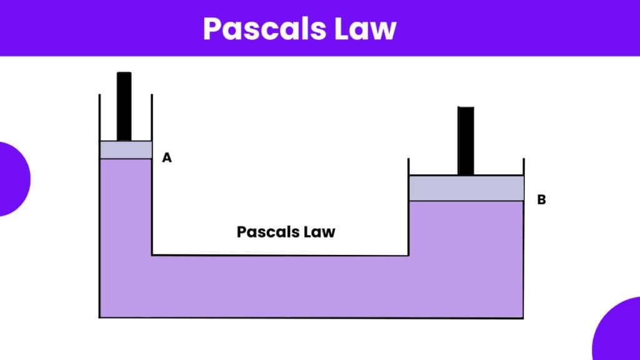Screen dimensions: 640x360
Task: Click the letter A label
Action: pyautogui.click(x=167, y=157)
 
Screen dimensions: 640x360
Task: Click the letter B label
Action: pyautogui.click(x=542, y=199)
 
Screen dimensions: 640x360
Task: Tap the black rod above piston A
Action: pyautogui.click(x=124, y=106)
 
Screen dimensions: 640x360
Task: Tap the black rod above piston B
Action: pyautogui.click(x=466, y=141)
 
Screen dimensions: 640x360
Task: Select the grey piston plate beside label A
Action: pyautogui.click(x=126, y=150)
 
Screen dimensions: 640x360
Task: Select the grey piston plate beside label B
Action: pyautogui.click(x=466, y=188)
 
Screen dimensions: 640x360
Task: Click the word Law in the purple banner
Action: pyautogui.click(x=365, y=29)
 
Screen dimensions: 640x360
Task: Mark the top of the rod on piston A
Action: pyautogui.click(x=124, y=72)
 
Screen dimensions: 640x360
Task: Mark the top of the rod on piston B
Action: pyautogui.click(x=466, y=107)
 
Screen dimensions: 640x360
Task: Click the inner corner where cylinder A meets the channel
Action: pyautogui.click(x=152, y=255)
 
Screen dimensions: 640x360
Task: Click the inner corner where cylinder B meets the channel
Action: pyautogui.click(x=409, y=256)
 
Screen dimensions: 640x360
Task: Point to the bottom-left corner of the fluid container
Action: pyautogui.click(x=99, y=317)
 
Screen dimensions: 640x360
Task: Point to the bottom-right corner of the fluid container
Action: pyautogui.click(x=523, y=318)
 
